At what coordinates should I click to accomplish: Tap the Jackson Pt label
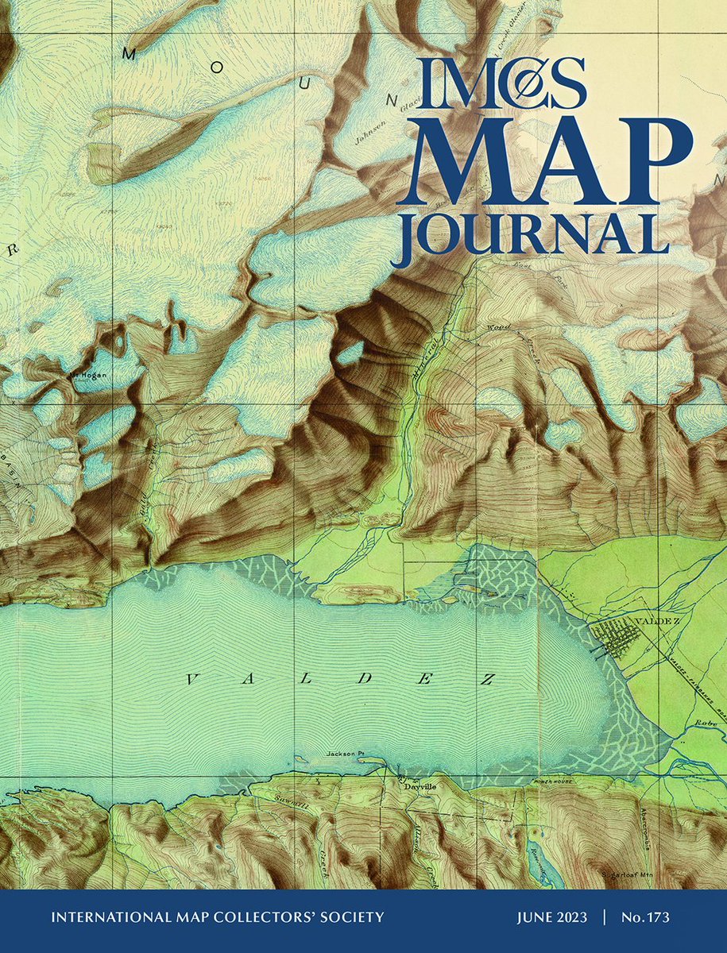click(344, 753)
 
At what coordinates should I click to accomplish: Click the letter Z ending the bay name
click(486, 679)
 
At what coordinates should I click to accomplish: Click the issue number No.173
click(644, 917)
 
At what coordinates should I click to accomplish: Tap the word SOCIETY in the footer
click(350, 917)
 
